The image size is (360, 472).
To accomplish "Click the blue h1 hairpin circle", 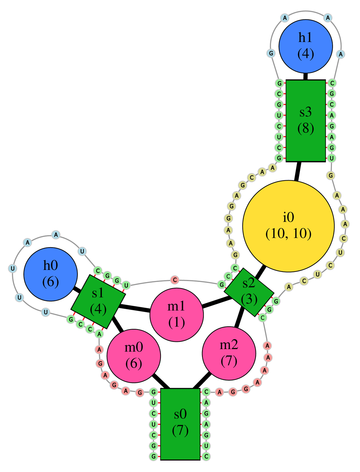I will click(x=306, y=46).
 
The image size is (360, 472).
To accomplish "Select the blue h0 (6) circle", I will click(x=50, y=274).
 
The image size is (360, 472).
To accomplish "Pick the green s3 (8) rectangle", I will click(x=306, y=121).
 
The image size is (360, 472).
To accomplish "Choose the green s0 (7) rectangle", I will click(x=180, y=424).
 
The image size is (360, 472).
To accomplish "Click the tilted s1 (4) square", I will click(x=98, y=301).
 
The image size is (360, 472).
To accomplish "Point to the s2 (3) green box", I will click(x=249, y=292).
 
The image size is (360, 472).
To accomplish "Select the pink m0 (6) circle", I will click(x=134, y=356).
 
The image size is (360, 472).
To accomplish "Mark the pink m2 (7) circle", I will click(x=229, y=353).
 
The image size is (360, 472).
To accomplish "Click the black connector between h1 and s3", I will click(x=306, y=76).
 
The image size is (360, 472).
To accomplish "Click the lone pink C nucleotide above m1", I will click(x=175, y=280).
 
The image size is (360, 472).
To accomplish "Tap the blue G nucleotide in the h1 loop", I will click(x=271, y=54).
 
